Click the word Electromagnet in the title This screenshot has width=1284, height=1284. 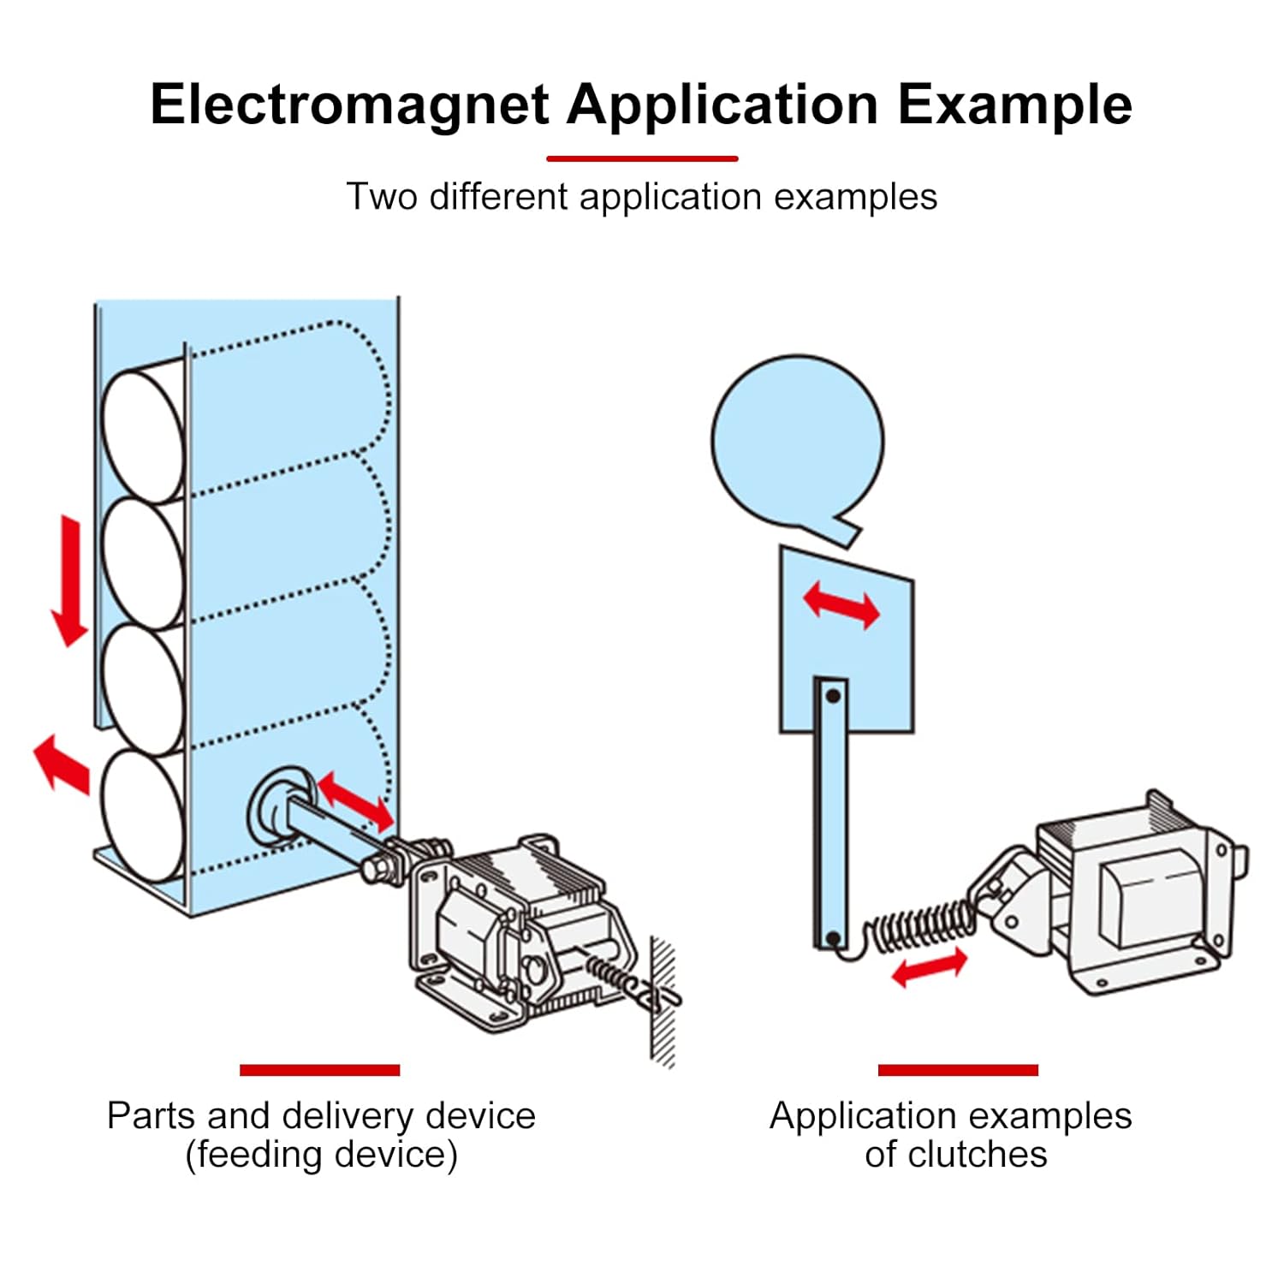coord(349,104)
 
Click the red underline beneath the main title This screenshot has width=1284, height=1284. coord(642,158)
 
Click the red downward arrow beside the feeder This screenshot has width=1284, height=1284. coord(69,580)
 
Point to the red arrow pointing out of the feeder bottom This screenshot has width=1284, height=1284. coord(62,764)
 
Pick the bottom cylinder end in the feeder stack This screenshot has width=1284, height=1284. coord(143,815)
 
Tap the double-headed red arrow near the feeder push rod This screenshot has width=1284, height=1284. coord(356,801)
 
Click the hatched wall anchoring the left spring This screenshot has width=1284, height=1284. coord(663,1002)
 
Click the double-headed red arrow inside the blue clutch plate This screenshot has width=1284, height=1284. coord(841,604)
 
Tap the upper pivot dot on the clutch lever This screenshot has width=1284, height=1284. coord(832,696)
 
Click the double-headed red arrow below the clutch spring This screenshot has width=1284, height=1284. coord(930,969)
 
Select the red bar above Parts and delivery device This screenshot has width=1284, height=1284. coord(319,1070)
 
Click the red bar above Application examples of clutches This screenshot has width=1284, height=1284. coord(958,1070)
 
